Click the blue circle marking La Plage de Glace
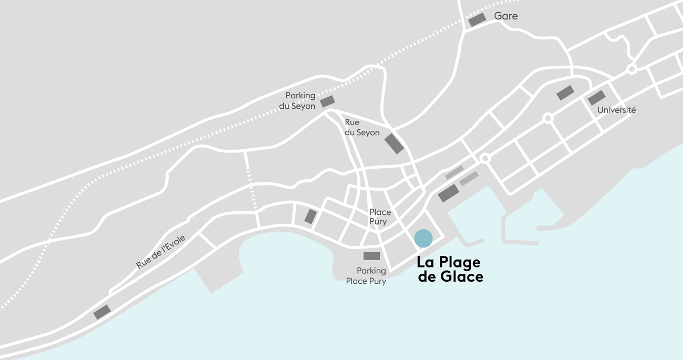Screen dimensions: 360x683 [x=423, y=238]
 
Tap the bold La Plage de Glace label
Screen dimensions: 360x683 [x=450, y=269]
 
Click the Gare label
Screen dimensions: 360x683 [x=505, y=16]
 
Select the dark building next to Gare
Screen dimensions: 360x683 [x=477, y=20]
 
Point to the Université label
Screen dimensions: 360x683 [x=616, y=110]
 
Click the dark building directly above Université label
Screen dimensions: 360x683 [x=596, y=98]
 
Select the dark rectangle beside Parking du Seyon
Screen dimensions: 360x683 [x=327, y=101]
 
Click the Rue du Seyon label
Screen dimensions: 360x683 [x=361, y=128]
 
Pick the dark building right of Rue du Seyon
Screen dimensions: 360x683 [x=394, y=143]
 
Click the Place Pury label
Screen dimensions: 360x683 [x=379, y=217]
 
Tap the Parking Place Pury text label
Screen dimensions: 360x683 [x=366, y=276]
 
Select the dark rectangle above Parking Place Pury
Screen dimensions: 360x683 [x=371, y=256]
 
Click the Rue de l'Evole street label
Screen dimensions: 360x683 [x=161, y=252]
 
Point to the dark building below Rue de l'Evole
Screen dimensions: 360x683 [x=102, y=312]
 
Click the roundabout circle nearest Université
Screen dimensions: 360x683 [x=548, y=118]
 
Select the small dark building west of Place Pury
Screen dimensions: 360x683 [x=311, y=217]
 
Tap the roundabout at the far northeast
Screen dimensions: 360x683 [x=632, y=69]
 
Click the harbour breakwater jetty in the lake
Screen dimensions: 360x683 [x=520, y=242]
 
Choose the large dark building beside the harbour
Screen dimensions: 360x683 [x=448, y=193]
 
